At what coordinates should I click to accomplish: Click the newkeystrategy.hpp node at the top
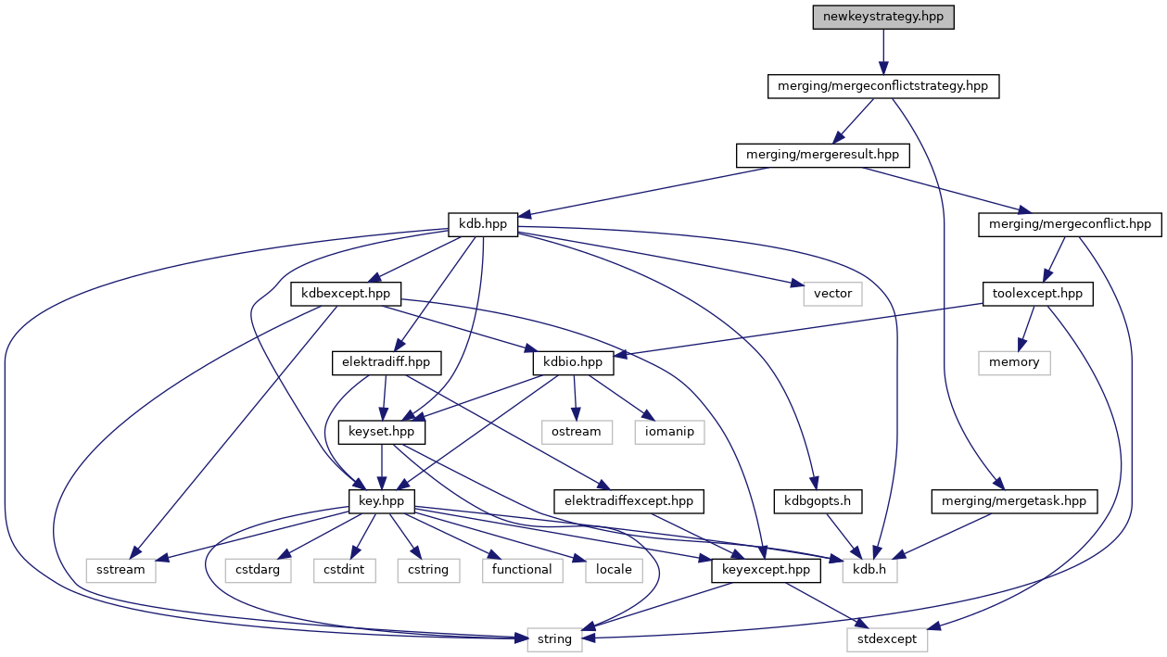882,18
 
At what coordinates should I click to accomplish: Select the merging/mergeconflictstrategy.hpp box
882,86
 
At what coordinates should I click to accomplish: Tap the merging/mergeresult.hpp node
822,155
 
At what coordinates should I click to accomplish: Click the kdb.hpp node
482,224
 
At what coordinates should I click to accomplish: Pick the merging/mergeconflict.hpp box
1070,224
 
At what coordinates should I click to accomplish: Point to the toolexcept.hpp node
1037,294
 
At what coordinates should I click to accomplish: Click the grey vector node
832,294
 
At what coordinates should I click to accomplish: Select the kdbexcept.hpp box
346,294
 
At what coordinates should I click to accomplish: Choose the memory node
1014,362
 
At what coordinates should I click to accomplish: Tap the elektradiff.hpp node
387,362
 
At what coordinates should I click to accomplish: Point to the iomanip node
669,432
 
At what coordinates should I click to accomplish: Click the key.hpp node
381,500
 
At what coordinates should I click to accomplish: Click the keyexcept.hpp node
766,570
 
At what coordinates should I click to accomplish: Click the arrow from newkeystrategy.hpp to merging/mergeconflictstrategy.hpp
882,52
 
